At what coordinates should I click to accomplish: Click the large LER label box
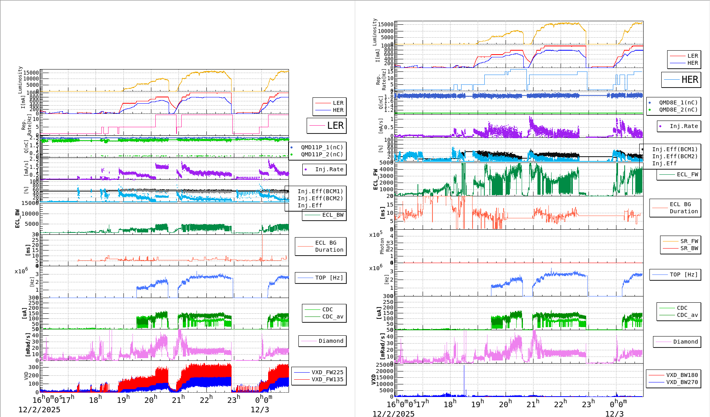[x=326, y=126]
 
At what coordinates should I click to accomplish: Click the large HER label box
[x=681, y=80]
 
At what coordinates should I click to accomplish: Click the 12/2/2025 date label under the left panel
[x=39, y=410]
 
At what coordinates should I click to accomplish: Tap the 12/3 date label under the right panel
[x=614, y=413]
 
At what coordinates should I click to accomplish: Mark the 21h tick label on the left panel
[x=178, y=400]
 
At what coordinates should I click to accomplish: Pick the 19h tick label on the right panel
[x=477, y=404]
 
